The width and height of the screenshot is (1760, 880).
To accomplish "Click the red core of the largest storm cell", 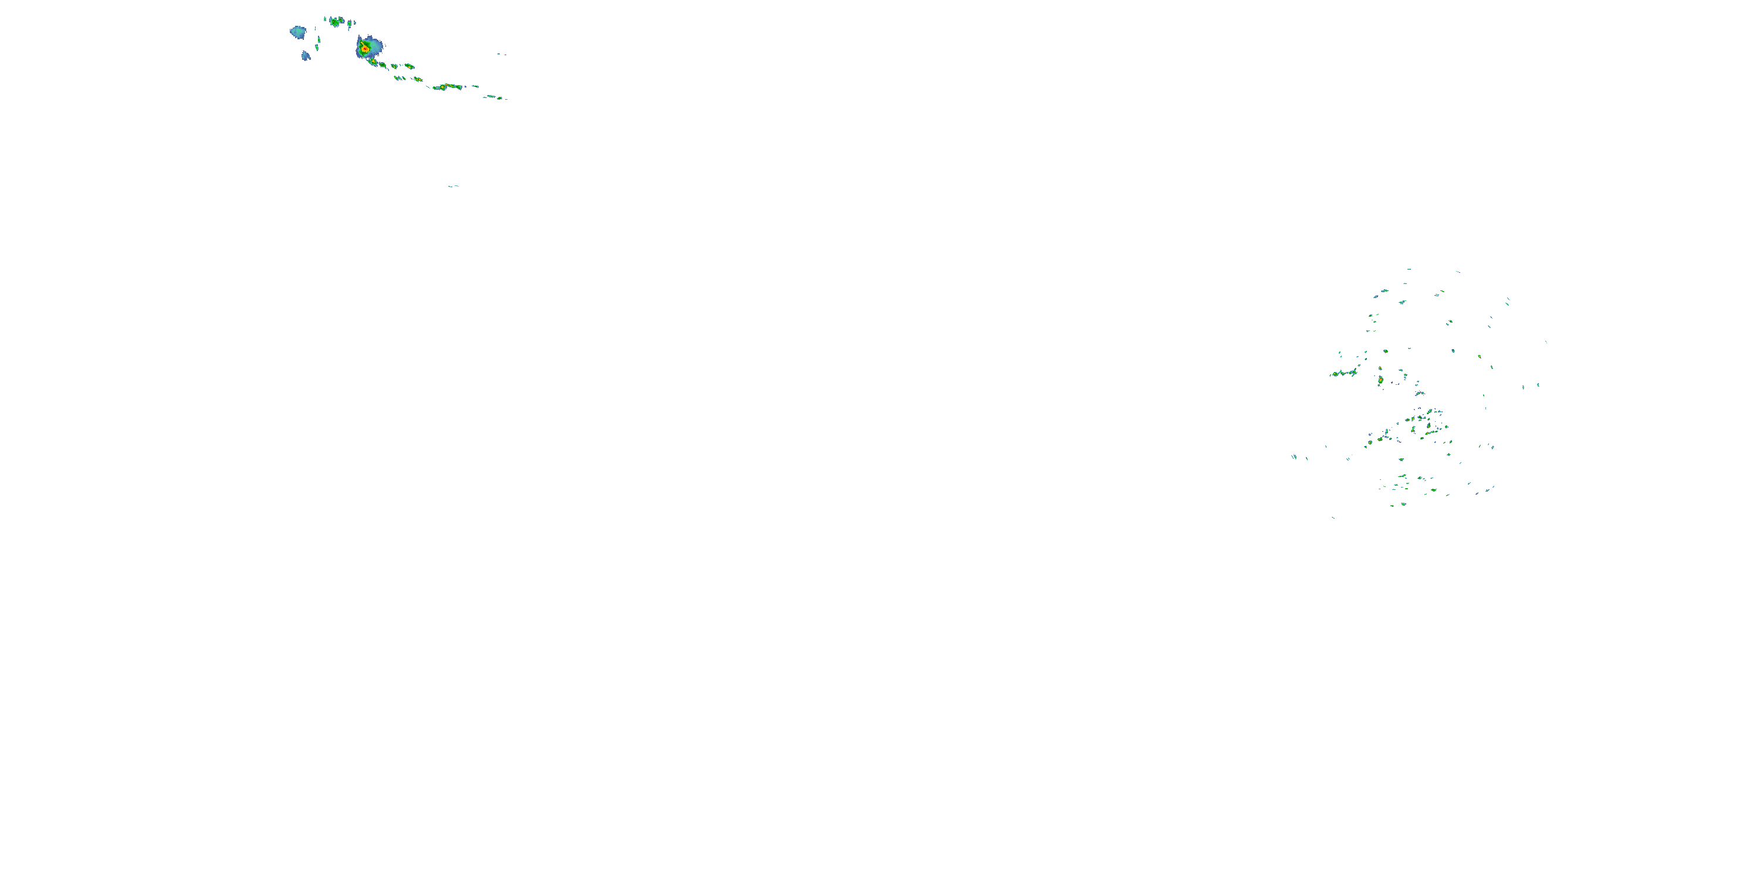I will coord(365,49).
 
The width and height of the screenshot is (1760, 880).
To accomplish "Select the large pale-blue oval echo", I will coord(298,32).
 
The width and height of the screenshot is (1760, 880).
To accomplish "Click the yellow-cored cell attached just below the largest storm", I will coord(373,62).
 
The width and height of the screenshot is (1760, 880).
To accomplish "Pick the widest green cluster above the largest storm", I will coord(335,22).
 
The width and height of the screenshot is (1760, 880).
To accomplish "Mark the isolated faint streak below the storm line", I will coord(453,186).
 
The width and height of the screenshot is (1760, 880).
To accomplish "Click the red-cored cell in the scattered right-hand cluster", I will coord(1380,380).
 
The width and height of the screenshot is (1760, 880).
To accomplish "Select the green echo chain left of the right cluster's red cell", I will coord(1344,373).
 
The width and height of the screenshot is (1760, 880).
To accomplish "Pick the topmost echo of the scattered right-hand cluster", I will coord(1409,269).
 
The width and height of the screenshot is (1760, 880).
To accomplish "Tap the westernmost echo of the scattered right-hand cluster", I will coord(1294,456).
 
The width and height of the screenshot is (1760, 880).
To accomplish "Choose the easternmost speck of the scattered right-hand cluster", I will coord(1545,341).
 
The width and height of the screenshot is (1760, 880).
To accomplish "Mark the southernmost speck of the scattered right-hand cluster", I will coord(1333,517).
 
